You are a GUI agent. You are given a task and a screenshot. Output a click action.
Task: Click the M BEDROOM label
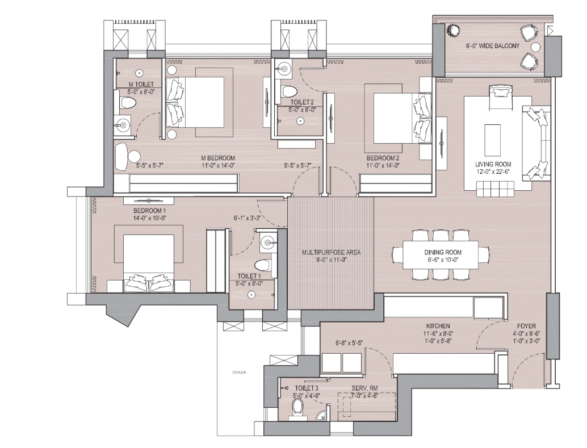(x=218, y=158)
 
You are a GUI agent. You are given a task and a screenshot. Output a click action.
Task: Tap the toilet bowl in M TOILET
(x=128, y=103)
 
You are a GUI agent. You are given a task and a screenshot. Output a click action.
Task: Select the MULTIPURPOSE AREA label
(x=330, y=252)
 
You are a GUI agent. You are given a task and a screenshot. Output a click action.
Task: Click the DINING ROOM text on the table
(x=442, y=252)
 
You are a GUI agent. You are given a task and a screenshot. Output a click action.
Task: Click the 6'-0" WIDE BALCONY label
(x=492, y=47)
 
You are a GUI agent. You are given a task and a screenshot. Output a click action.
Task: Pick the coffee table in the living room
(x=492, y=140)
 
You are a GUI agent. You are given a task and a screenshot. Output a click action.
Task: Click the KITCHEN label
(x=436, y=326)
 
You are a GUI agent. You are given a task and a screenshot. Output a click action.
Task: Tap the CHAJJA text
(x=239, y=372)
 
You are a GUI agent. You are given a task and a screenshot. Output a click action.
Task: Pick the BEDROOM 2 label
(x=383, y=158)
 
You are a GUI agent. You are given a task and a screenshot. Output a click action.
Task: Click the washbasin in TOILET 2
(x=284, y=70)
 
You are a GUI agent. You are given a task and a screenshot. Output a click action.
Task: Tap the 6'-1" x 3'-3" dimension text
(x=246, y=217)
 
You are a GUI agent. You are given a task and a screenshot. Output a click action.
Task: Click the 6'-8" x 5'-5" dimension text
(x=349, y=343)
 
